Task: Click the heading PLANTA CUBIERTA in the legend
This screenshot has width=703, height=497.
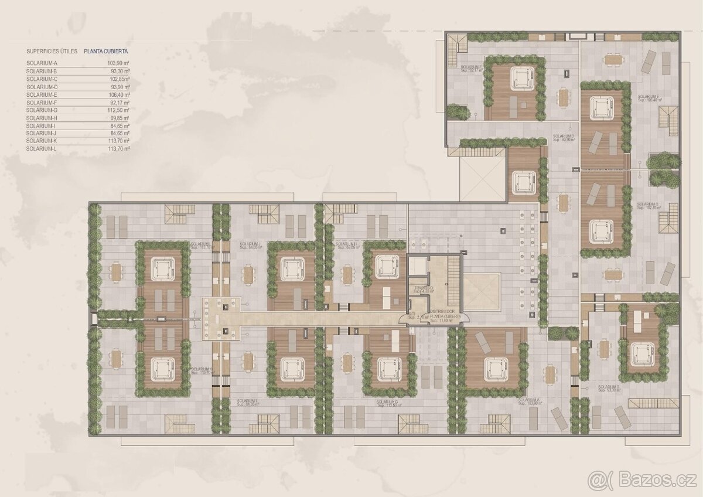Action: [106, 52]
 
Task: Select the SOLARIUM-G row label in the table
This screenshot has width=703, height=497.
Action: [42, 110]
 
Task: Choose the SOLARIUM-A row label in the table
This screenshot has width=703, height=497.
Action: [42, 63]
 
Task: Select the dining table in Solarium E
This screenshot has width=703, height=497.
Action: [613, 59]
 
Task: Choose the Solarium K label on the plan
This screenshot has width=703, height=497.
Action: [201, 372]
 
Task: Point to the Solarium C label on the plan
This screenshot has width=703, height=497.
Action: [648, 206]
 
